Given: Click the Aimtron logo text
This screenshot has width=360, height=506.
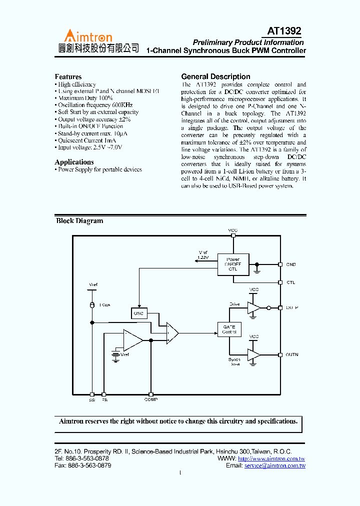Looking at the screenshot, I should coord(87,36).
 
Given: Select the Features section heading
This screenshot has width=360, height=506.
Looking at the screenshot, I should coord(68,77).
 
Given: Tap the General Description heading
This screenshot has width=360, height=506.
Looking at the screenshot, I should coord(215,76).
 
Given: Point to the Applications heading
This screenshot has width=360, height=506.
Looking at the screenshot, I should coord(74,162).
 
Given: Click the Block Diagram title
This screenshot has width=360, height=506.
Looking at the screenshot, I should coord(79,221).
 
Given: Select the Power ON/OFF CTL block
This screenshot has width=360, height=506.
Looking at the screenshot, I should coord(233,264).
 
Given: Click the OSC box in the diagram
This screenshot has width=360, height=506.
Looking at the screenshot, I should coord(139,313).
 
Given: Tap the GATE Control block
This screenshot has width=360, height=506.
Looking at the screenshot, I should coord(229,329).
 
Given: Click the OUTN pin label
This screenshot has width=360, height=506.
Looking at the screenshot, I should coord(292,354).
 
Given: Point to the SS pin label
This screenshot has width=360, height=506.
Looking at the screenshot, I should coord(91,400).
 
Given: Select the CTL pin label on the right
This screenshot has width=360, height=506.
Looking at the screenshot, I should coord(290,282).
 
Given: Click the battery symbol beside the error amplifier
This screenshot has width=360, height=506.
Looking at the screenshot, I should coord(116,355).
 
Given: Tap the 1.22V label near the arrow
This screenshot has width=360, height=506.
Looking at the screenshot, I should coord(202,257).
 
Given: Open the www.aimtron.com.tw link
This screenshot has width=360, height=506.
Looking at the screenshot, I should coord(271,458).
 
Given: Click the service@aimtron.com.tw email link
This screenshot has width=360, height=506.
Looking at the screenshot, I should coord(274,465).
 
